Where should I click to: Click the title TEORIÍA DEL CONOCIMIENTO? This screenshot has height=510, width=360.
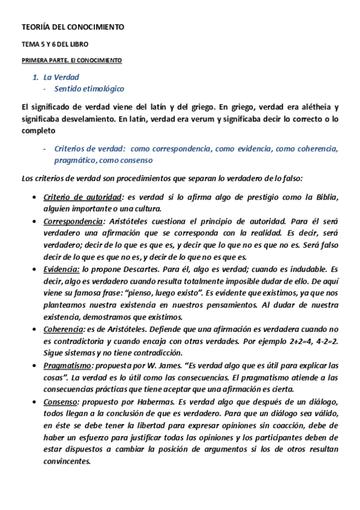(73, 27)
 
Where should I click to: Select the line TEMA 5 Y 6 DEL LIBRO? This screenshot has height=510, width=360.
(54, 45)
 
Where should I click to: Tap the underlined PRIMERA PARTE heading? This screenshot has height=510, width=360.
(72, 61)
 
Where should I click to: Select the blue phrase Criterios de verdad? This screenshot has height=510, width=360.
(89, 149)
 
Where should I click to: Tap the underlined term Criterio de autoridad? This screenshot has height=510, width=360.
(83, 198)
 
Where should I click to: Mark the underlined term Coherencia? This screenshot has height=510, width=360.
(63, 329)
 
